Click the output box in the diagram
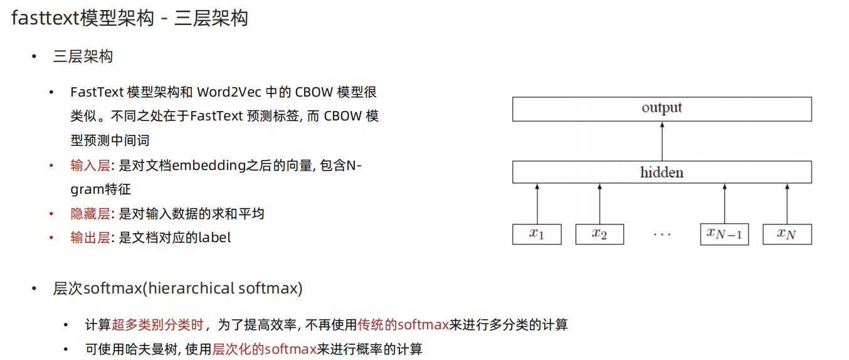(x=662, y=109)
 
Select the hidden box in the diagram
(x=662, y=172)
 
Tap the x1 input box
(x=537, y=234)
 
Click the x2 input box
(x=599, y=234)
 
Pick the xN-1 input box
(x=724, y=234)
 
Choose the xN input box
(x=787, y=234)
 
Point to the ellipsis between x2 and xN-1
(x=662, y=235)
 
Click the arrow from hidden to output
(x=662, y=141)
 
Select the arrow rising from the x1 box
(x=537, y=203)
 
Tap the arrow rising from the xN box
(x=787, y=203)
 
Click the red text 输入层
(x=90, y=166)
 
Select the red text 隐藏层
(x=90, y=214)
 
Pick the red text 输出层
(x=90, y=238)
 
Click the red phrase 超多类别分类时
(x=158, y=325)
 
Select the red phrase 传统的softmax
(x=403, y=325)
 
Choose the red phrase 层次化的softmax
(x=264, y=349)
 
